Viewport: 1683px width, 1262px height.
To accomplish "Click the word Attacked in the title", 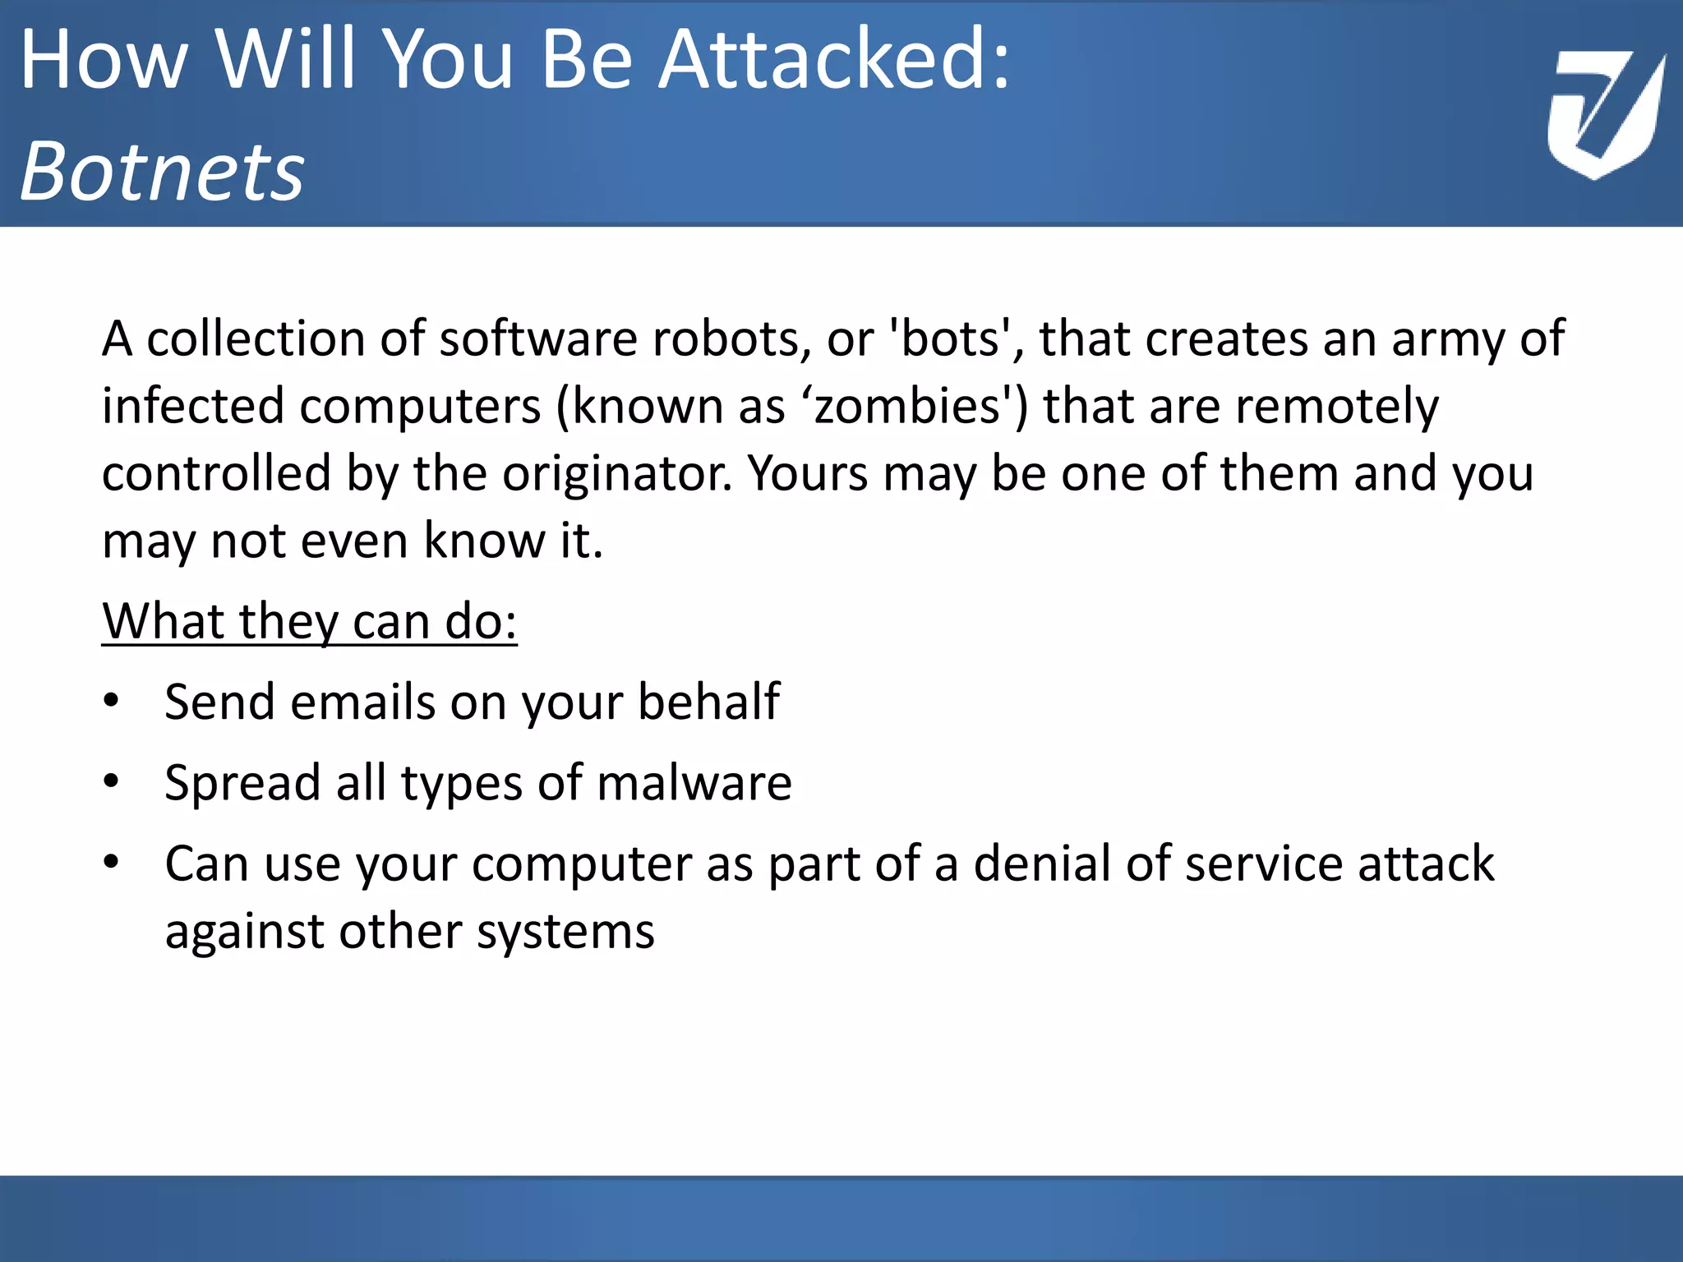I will point(834,59).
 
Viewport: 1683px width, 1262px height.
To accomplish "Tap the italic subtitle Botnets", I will point(162,171).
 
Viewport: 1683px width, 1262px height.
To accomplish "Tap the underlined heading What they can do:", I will point(309,621).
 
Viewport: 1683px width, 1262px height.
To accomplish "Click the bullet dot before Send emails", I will point(112,701).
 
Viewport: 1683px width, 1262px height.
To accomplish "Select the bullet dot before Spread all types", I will point(112,781).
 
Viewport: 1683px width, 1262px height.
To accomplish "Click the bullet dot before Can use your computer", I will point(112,862).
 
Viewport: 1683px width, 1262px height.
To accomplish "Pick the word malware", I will point(694,782).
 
